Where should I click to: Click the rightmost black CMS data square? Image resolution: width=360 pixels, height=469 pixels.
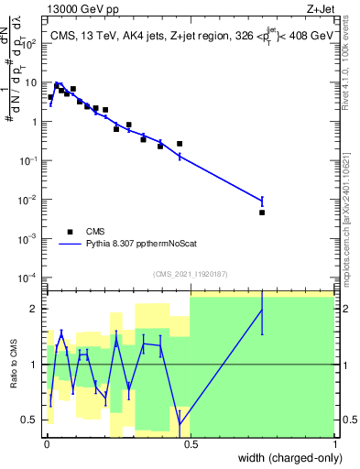[x=262, y=213]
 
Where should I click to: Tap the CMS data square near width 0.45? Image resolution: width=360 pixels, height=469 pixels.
[x=180, y=144]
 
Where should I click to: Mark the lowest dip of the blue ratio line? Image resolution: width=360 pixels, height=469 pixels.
[x=180, y=426]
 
